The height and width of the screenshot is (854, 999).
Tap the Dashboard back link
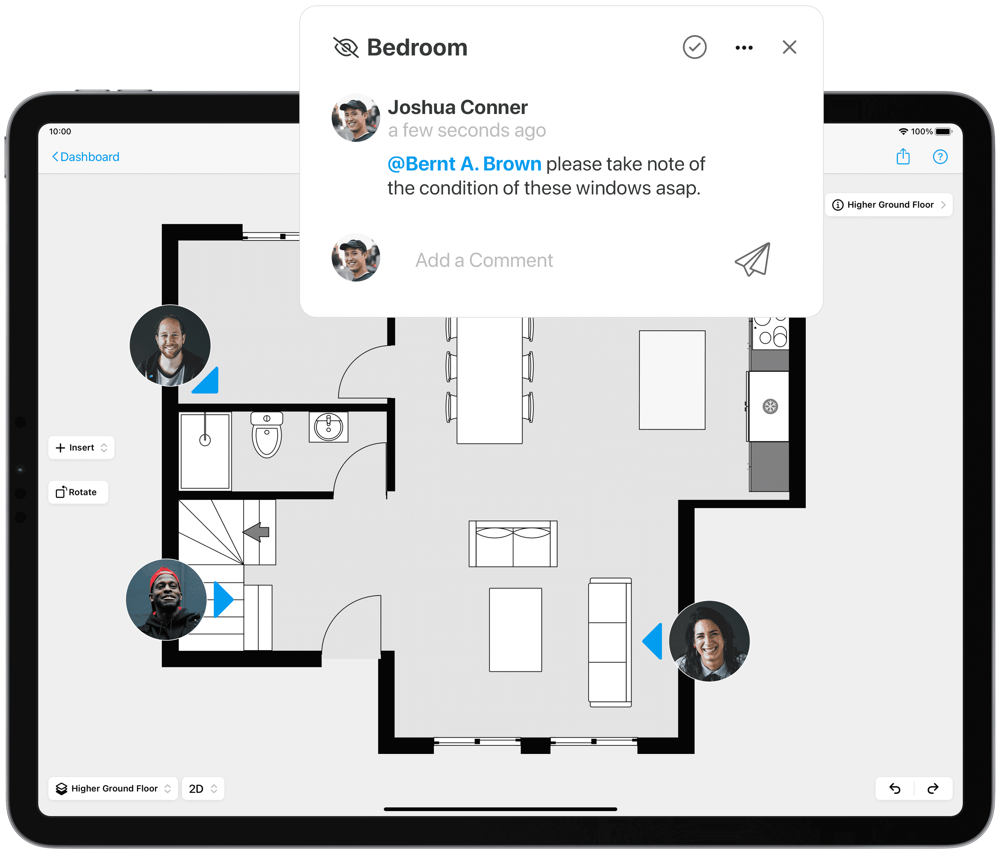click(x=86, y=157)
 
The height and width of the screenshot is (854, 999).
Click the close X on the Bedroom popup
click(x=789, y=47)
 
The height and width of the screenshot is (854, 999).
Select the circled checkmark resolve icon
click(x=694, y=47)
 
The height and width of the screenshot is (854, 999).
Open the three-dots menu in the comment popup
click(x=744, y=48)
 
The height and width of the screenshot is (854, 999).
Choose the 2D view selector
click(x=202, y=788)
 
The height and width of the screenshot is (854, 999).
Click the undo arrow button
click(x=895, y=788)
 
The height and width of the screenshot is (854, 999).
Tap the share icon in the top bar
click(x=903, y=157)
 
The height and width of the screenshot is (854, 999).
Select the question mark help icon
click(x=940, y=157)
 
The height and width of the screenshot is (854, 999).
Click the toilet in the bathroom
click(x=267, y=436)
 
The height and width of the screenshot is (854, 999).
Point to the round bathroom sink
click(x=328, y=426)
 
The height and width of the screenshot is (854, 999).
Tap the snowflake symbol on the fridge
click(x=770, y=406)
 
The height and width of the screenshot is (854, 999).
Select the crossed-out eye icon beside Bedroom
click(x=346, y=48)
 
